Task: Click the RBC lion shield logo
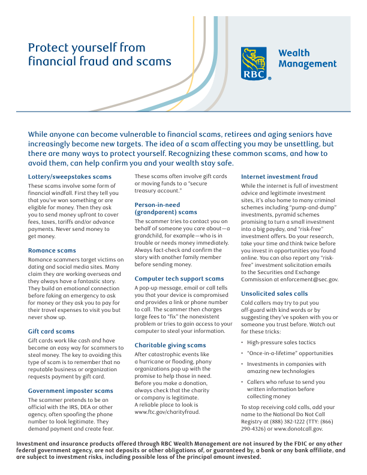click(x=255, y=64)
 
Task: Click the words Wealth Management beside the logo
click(x=307, y=59)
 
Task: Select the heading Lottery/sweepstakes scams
click(x=70, y=177)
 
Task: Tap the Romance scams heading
click(x=52, y=250)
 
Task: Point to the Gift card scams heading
click(x=52, y=331)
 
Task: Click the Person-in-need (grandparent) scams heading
click(x=166, y=208)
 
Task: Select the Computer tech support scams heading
click(x=179, y=279)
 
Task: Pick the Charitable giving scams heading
click(x=170, y=345)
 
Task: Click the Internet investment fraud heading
click(x=279, y=177)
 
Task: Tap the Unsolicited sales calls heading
click(x=275, y=294)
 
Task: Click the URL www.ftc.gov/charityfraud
click(x=166, y=413)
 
